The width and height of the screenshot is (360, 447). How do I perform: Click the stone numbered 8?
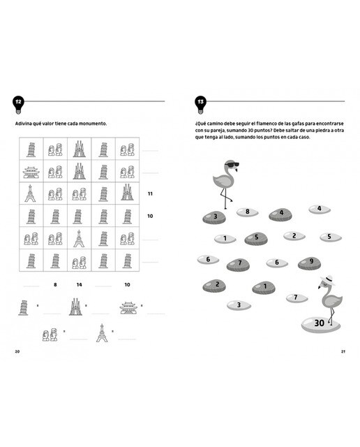click(247, 212)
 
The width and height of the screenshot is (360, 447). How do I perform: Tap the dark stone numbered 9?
click(309, 263)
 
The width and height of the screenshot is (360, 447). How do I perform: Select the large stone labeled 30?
click(321, 324)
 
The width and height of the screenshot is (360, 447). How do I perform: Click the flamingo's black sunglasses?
click(233, 165)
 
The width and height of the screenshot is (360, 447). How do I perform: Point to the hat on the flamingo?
click(327, 279)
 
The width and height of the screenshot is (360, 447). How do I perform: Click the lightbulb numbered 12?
click(19, 104)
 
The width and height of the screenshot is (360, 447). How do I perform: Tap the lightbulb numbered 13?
click(200, 104)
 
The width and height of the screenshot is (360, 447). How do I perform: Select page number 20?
click(17, 351)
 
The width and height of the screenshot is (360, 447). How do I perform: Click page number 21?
click(343, 351)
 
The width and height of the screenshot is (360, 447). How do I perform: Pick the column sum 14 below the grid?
click(79, 284)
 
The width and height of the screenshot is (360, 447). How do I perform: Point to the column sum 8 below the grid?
click(55, 284)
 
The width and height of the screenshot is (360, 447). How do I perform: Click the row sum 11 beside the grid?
click(150, 193)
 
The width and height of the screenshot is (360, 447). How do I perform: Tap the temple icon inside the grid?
click(31, 172)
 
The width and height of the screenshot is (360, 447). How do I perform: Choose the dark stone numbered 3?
click(214, 217)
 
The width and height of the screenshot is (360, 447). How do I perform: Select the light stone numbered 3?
click(239, 305)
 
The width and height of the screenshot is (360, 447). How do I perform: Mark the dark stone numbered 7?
click(238, 265)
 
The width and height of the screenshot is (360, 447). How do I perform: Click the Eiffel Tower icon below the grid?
click(102, 332)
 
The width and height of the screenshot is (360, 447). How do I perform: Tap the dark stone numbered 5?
click(256, 239)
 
